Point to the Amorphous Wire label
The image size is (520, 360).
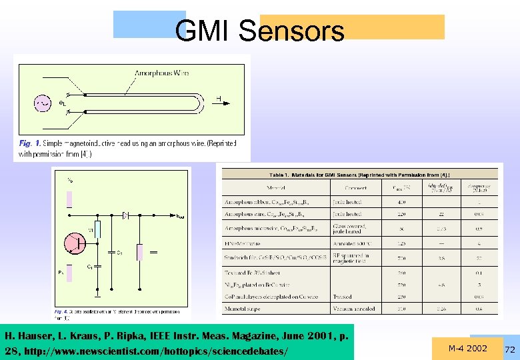[162, 73]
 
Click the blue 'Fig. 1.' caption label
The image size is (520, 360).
[30, 143]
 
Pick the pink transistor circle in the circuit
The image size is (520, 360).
[74, 245]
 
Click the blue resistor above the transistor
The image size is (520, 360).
[98, 230]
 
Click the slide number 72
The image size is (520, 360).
[511, 350]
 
